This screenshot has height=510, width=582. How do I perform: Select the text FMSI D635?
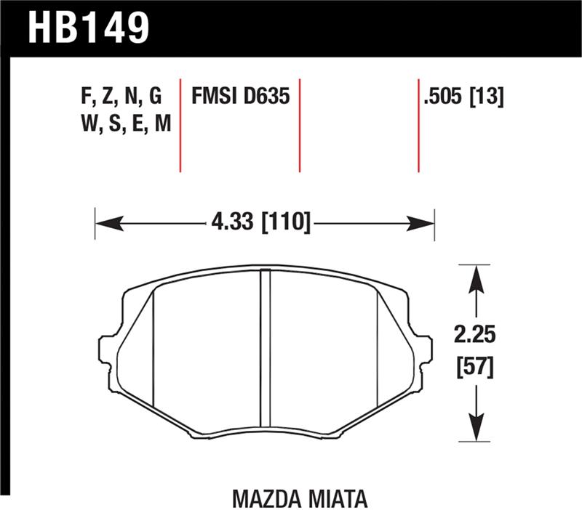pyautogui.click(x=240, y=96)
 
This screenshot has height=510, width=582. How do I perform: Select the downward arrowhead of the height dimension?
pyautogui.click(x=476, y=429)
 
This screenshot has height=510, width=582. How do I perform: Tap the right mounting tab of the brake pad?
pyautogui.click(x=423, y=349)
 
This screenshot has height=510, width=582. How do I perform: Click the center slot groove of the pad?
pyautogui.click(x=265, y=349)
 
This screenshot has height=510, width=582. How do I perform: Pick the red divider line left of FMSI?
pyautogui.click(x=180, y=124)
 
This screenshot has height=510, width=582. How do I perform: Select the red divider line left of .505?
pyautogui.click(x=418, y=124)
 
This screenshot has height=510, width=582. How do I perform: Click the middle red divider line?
pyautogui.click(x=300, y=124)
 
